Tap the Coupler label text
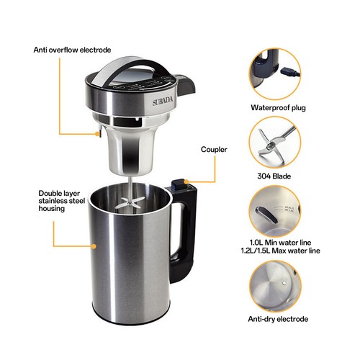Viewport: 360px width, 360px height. click(x=215, y=150)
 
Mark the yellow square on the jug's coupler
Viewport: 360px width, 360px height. click(x=185, y=181)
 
